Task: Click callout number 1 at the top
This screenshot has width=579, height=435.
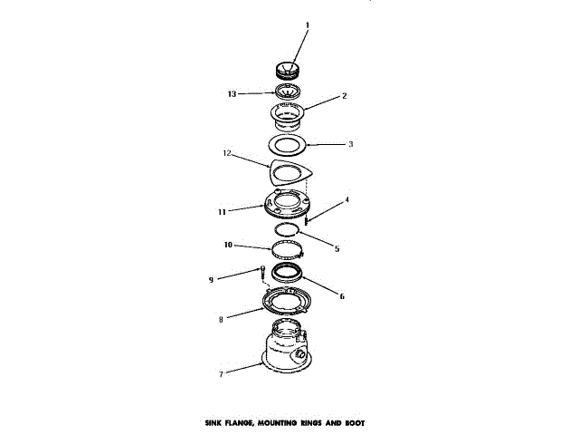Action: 306,26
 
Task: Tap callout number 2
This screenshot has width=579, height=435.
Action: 343,95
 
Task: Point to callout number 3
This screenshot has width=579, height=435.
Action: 351,142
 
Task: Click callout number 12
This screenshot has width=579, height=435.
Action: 228,154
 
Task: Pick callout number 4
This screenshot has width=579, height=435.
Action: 346,199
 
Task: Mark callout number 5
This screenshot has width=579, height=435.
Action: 337,247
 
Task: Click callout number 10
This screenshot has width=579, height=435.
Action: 229,244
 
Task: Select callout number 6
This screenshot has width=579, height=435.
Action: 341,295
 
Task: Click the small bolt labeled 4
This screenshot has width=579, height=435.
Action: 308,218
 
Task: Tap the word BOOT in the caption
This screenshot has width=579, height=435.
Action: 352,422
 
